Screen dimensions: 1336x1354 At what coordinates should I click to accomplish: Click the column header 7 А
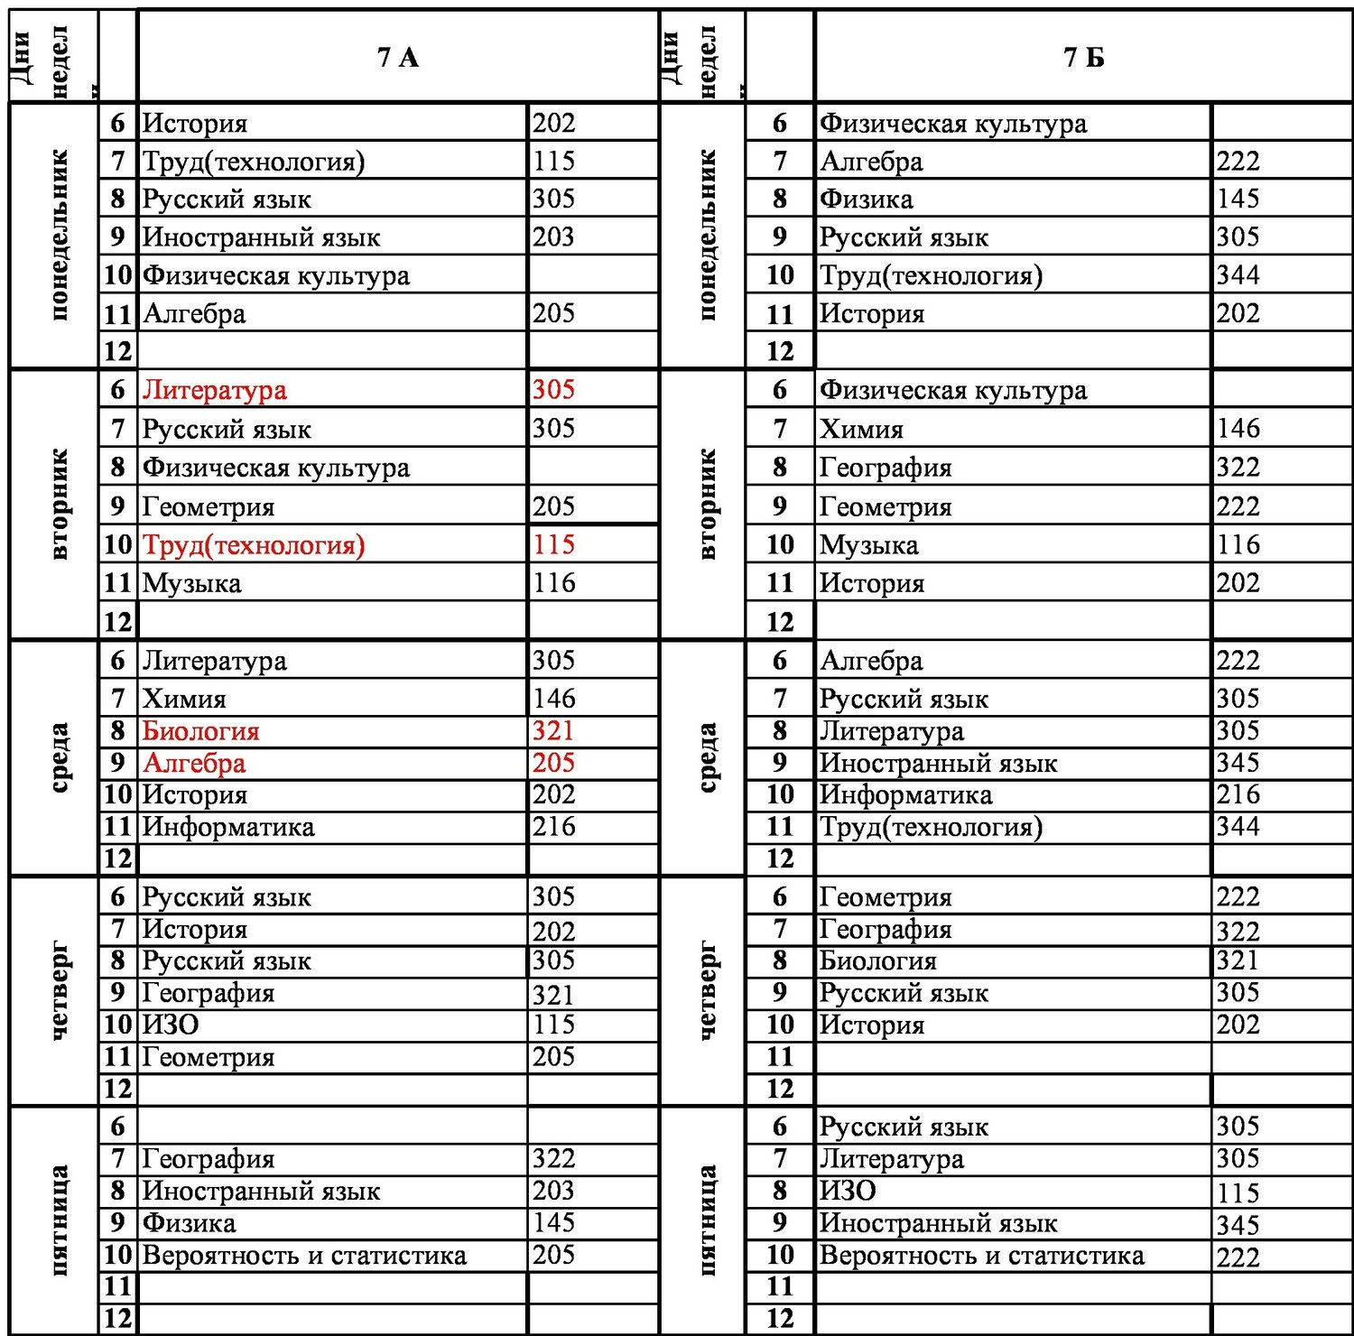397,57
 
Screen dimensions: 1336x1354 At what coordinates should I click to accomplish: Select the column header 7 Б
1083,57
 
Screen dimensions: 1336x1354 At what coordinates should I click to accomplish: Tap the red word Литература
215,390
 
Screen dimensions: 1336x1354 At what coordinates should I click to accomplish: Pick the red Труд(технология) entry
254,545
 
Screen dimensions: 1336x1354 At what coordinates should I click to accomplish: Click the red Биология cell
200,731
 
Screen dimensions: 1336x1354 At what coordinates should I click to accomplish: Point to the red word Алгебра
194,764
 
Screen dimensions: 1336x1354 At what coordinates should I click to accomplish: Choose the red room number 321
553,731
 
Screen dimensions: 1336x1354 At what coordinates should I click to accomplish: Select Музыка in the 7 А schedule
192,583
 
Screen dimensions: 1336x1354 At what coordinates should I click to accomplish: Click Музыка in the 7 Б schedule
869,545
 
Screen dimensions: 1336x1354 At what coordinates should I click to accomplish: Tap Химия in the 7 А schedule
184,699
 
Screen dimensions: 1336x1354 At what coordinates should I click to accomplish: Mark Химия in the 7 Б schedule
861,429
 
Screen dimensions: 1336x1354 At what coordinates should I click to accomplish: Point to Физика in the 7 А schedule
190,1223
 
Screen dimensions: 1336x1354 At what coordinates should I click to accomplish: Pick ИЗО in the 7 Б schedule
848,1191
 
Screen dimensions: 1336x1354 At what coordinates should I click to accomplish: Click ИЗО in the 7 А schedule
171,1025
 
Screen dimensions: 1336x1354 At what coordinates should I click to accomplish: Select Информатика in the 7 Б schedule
905,795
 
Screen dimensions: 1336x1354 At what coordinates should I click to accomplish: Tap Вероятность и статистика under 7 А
304,1256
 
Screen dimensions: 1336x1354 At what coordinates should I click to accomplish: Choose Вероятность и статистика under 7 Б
981,1256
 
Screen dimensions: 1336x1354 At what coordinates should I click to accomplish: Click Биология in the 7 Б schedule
877,960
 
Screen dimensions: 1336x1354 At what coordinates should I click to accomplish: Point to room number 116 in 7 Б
1238,545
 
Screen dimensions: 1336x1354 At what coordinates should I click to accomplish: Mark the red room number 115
553,545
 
